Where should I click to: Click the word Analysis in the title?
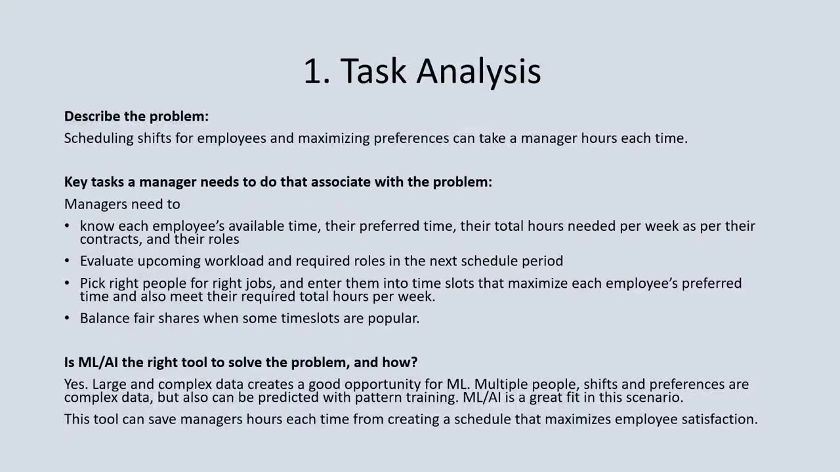(478, 71)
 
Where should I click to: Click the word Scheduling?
(98, 138)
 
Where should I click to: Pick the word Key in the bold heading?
(75, 182)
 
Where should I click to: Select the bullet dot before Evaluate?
(67, 261)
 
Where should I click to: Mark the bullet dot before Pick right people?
(67, 283)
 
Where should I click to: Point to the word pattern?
(378, 397)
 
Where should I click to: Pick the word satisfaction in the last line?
(720, 419)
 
